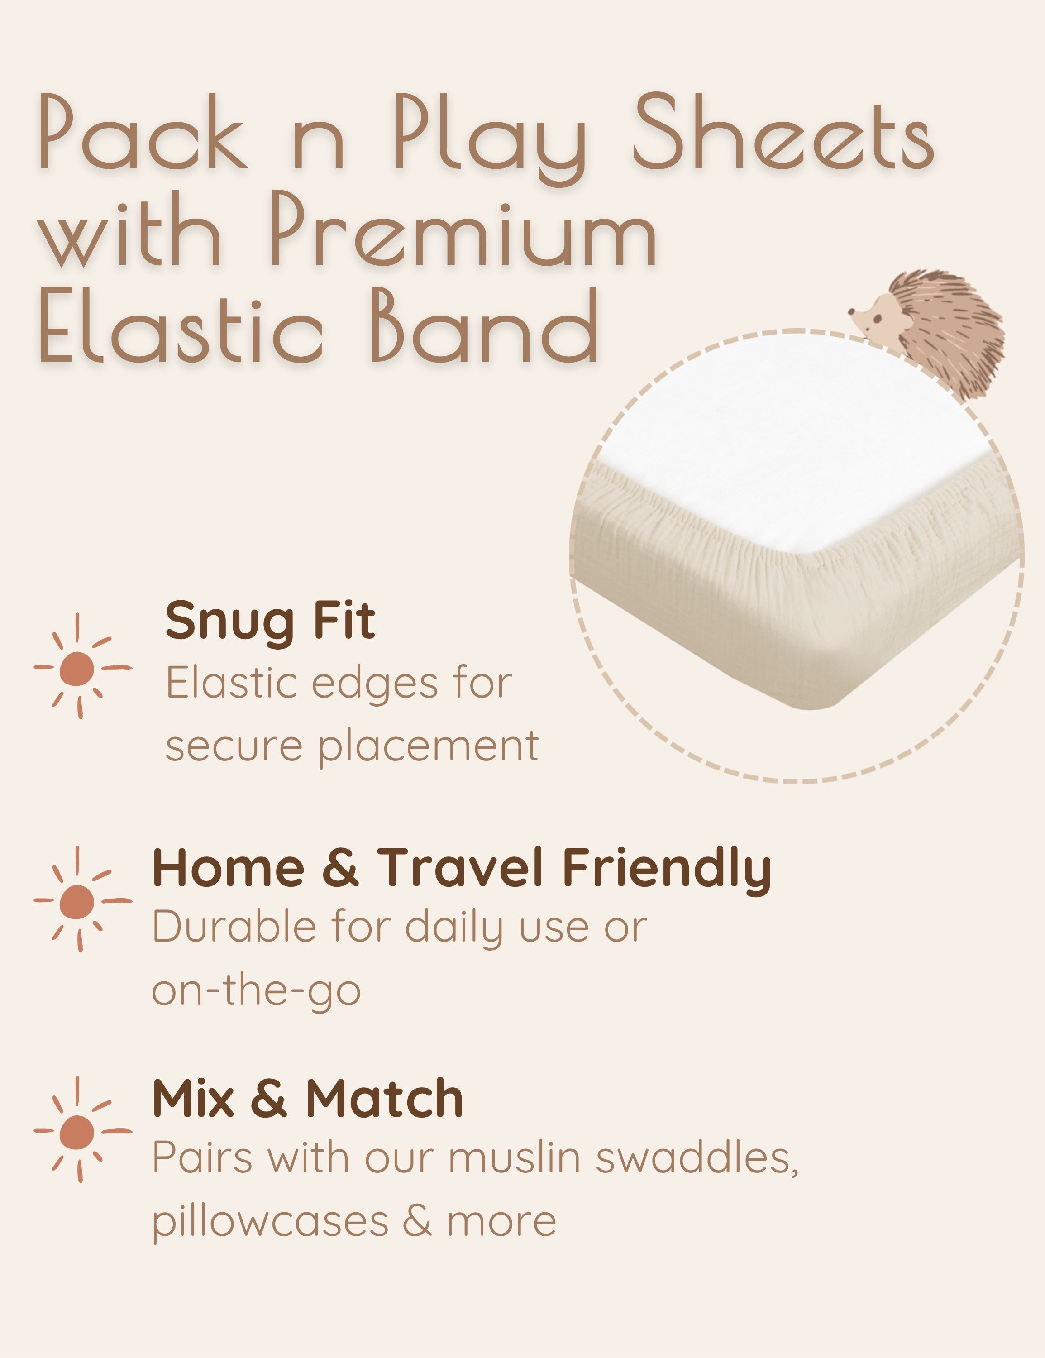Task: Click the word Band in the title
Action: pyautogui.click(x=485, y=326)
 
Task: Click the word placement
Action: pyautogui.click(x=428, y=746)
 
